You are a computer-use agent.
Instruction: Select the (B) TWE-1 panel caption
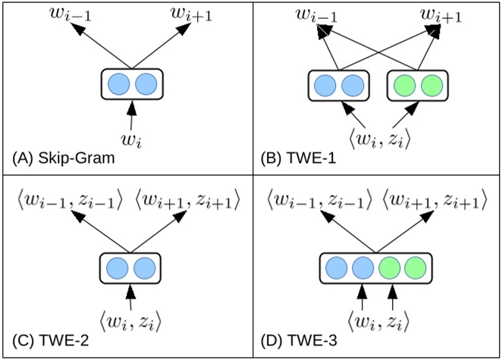point(296,160)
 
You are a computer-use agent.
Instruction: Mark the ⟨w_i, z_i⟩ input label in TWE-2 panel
point(132,321)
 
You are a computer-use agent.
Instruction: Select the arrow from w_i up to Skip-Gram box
point(132,117)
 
